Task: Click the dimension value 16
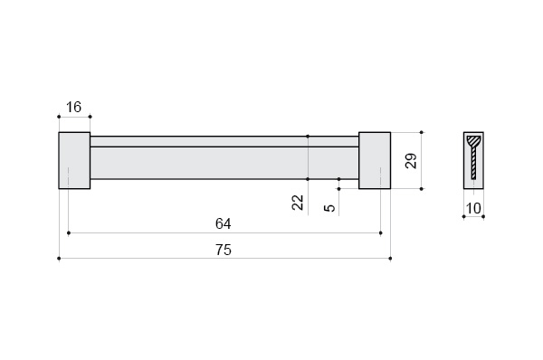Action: pos(73,108)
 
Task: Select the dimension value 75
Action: pos(224,250)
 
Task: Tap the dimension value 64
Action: pos(224,224)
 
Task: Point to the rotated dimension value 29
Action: pos(411,161)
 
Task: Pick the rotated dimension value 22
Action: pos(298,203)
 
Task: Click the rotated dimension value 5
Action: pos(329,208)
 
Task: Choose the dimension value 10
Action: pos(473,208)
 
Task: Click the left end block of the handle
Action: pos(74,161)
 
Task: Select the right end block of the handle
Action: pos(375,161)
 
